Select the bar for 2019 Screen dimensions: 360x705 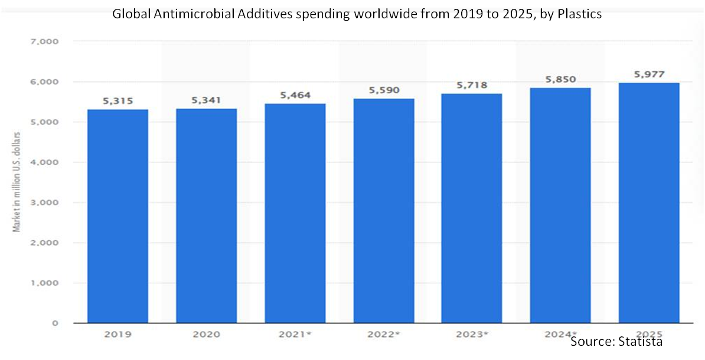coord(117,216)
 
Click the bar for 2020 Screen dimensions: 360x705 coord(206,216)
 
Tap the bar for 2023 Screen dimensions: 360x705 coord(472,208)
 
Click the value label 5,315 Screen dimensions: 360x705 coord(117,102)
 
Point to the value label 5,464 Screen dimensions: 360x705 coord(295,95)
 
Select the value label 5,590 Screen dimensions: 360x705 coord(383,90)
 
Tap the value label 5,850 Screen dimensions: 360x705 coord(560,80)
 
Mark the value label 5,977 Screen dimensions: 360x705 coord(648,74)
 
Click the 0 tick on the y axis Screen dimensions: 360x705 coord(54,323)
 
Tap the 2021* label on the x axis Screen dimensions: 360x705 coord(295,335)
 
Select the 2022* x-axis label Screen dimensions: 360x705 coord(383,335)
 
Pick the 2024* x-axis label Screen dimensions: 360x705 coord(560,335)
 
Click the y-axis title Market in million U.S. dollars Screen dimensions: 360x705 coord(17,182)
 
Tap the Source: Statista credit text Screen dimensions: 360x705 coord(616,341)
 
